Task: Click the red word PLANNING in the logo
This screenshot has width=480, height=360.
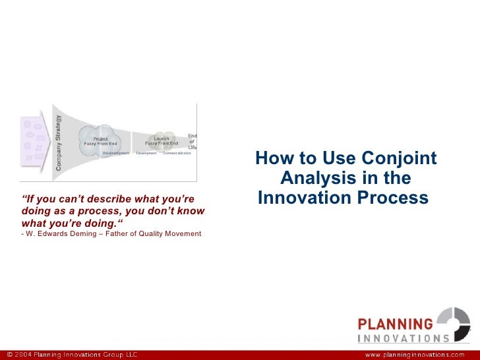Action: tap(395, 324)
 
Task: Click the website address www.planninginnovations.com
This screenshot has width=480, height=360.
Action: tap(419, 354)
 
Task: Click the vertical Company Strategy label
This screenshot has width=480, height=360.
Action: tap(59, 143)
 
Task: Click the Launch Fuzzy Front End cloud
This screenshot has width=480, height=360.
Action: tap(161, 140)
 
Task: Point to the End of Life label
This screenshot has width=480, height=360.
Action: tap(192, 141)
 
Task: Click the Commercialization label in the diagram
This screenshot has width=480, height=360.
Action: tap(177, 154)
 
